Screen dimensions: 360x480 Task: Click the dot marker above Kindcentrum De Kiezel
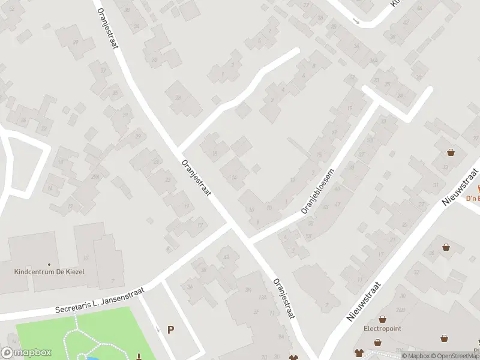pos(49,264)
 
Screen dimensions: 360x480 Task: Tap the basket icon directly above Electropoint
pos(382,318)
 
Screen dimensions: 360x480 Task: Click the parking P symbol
pos(170,329)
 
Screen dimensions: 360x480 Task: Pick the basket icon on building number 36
pos(446,247)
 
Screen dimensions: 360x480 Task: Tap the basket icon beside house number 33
pos(451,152)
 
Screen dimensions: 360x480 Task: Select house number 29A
pos(95,176)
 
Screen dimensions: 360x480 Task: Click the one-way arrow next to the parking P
pos(158,328)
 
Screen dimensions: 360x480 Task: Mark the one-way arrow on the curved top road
pos(356,22)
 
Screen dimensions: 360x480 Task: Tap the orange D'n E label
pos(473,199)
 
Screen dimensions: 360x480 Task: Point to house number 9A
pos(281,337)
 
